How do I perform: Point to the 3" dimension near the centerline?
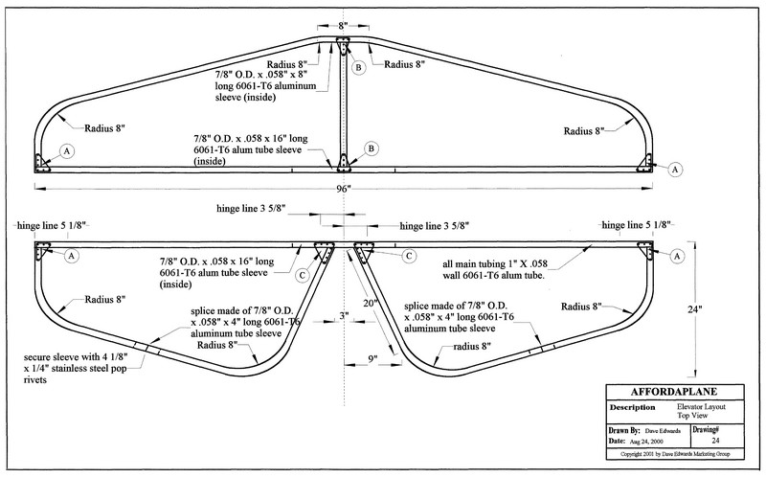point(342,316)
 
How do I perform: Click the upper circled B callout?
point(358,69)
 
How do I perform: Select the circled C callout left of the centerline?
point(302,276)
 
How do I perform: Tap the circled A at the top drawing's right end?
point(676,169)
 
